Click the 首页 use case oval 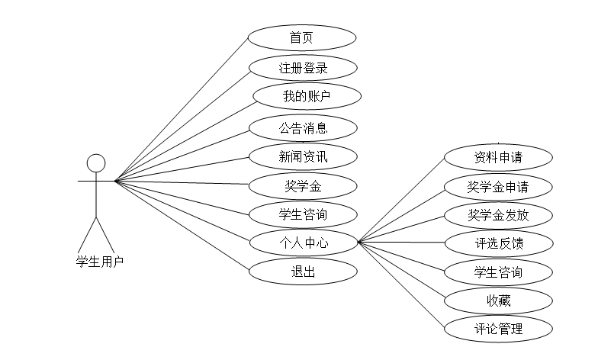(302, 38)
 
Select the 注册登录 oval (302, 68)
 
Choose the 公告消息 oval (302, 127)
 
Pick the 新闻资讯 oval (302, 156)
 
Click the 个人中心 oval (302, 243)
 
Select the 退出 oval (302, 272)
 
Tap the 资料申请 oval (497, 158)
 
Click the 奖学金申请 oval (497, 187)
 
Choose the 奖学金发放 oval (497, 215)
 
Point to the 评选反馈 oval (497, 243)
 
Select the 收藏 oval (497, 301)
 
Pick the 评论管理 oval (497, 329)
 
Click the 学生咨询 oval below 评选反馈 (497, 272)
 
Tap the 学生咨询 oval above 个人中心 (302, 214)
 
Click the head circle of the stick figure (95, 164)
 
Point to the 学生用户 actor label (99, 261)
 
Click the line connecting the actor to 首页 (183, 109)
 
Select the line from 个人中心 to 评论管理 (400, 285)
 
